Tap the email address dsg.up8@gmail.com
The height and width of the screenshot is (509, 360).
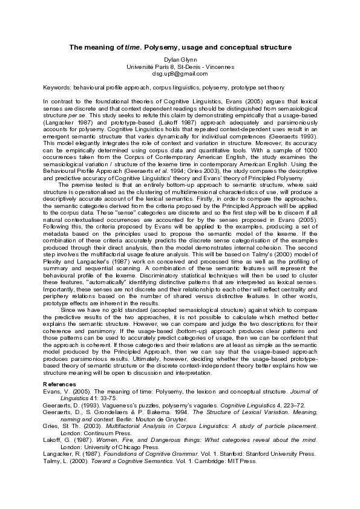point(180,74)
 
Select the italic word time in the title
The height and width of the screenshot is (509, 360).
point(132,47)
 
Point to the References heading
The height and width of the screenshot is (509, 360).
point(60,384)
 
